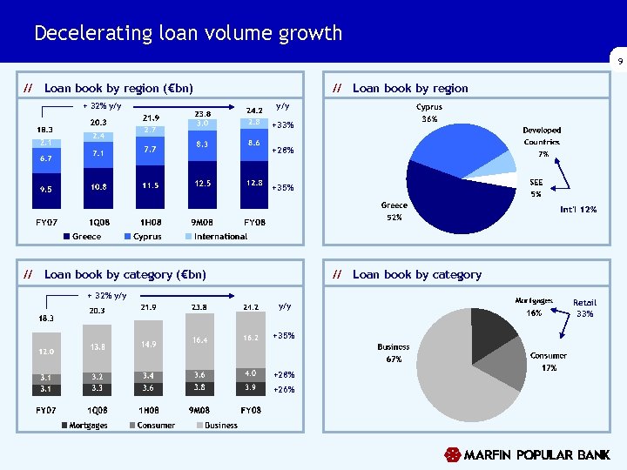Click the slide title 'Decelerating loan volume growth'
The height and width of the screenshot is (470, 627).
click(x=188, y=33)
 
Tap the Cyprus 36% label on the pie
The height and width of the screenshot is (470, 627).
click(x=429, y=113)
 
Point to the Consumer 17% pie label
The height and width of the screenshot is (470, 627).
click(x=549, y=361)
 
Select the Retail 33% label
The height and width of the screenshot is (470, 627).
click(x=584, y=308)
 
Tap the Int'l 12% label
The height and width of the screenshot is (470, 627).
click(x=578, y=209)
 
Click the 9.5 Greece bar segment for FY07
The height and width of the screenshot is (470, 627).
click(x=46, y=188)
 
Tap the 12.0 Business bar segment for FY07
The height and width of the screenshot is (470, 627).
click(x=46, y=351)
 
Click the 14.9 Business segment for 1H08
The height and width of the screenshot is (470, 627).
click(x=149, y=345)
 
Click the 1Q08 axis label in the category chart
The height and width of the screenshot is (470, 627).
click(x=98, y=409)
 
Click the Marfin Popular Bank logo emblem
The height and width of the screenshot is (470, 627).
click(x=452, y=454)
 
